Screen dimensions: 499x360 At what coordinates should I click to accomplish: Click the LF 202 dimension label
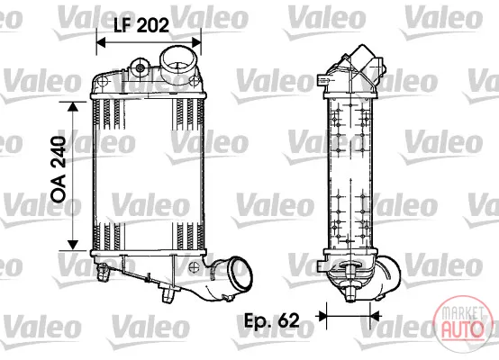tap(141, 25)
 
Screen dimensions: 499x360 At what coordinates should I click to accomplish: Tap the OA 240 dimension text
tap(59, 169)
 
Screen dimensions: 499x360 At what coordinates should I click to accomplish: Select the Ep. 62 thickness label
tap(272, 320)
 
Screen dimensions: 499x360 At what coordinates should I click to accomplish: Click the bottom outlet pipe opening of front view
tap(240, 274)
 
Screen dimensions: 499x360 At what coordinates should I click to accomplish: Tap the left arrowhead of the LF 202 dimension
tap(101, 41)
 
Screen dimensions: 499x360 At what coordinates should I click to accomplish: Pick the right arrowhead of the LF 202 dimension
tap(196, 41)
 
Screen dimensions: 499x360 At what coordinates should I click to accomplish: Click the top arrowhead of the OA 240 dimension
tap(73, 107)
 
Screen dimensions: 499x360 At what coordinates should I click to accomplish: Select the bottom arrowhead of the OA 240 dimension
tap(73, 245)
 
